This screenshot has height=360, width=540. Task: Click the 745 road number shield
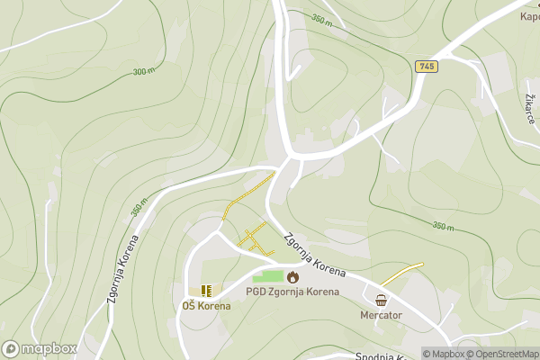(426, 67)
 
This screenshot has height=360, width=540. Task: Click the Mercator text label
(381, 316)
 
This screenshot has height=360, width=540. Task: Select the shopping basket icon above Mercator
(381, 301)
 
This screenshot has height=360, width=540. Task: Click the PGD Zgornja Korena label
(292, 292)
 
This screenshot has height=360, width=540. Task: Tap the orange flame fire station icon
(292, 276)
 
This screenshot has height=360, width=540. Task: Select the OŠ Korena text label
(206, 306)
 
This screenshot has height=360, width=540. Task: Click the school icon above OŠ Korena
(206, 290)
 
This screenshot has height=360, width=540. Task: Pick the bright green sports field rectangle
(267, 276)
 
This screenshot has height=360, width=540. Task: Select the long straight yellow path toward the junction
(248, 195)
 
